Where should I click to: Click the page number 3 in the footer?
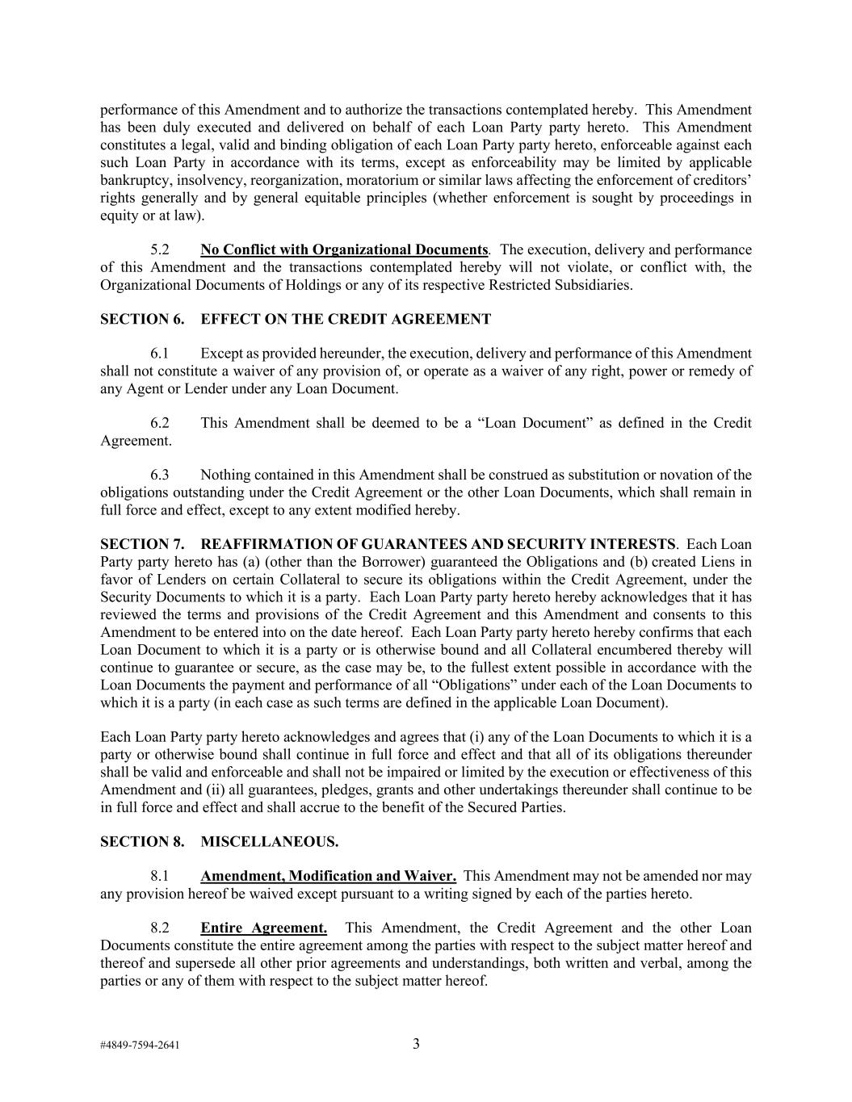pos(416,1044)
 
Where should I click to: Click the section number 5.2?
pos(160,249)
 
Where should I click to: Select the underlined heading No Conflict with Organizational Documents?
pos(344,249)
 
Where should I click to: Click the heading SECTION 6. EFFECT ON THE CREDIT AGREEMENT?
pos(295,319)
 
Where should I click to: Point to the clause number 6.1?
pos(160,354)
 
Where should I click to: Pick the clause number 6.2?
pos(160,423)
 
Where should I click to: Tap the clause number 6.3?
pos(160,475)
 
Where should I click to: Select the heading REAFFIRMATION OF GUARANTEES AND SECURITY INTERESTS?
pos(438,544)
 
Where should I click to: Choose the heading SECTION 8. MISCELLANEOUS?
pos(219,841)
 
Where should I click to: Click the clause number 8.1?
pos(160,876)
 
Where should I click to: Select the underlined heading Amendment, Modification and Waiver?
pos(328,876)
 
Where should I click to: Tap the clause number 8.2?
pos(160,928)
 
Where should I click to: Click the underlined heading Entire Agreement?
pos(263,928)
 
